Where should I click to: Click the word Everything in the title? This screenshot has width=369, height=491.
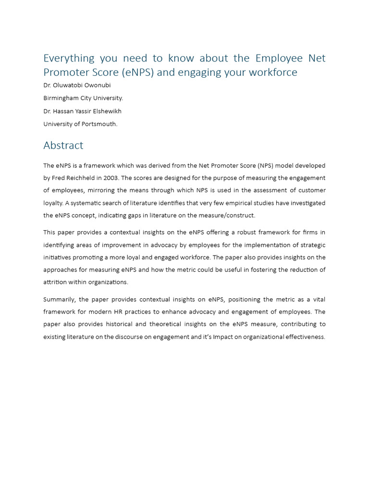pyautogui.click(x=69, y=58)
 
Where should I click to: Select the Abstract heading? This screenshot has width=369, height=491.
pyautogui.click(x=63, y=145)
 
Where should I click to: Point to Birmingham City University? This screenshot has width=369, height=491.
pyautogui.click(x=83, y=98)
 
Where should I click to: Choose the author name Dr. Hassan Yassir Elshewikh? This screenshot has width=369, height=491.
pyautogui.click(x=82, y=111)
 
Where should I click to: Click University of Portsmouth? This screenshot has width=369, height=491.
pyautogui.click(x=80, y=124)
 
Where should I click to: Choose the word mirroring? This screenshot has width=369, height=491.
pyautogui.click(x=103, y=190)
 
